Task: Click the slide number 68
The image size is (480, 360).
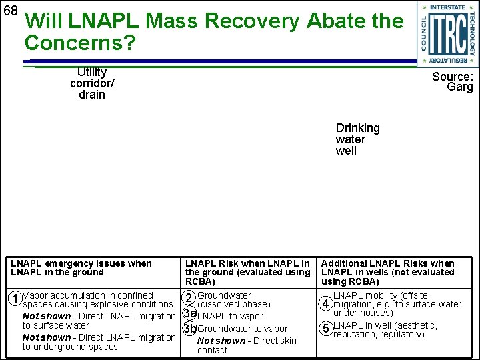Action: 10,11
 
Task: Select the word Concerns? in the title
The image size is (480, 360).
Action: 80,43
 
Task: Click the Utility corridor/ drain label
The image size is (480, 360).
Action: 92,83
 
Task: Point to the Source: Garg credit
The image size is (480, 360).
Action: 453,81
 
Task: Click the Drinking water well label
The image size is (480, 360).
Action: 357,139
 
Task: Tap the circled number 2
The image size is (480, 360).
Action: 189,299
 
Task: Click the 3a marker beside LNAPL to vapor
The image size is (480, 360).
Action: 189,314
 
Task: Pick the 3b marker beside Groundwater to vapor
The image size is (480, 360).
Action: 189,328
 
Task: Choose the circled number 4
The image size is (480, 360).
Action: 326,304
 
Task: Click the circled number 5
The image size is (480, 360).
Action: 326,329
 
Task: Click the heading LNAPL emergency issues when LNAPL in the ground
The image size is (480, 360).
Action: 81,267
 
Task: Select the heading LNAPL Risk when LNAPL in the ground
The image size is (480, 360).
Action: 247,272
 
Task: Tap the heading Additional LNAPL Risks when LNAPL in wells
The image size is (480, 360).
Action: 387,272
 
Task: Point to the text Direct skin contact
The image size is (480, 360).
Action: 247,345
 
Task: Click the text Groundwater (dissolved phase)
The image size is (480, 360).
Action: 233,299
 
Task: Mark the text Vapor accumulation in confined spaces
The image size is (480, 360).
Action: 97,299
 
